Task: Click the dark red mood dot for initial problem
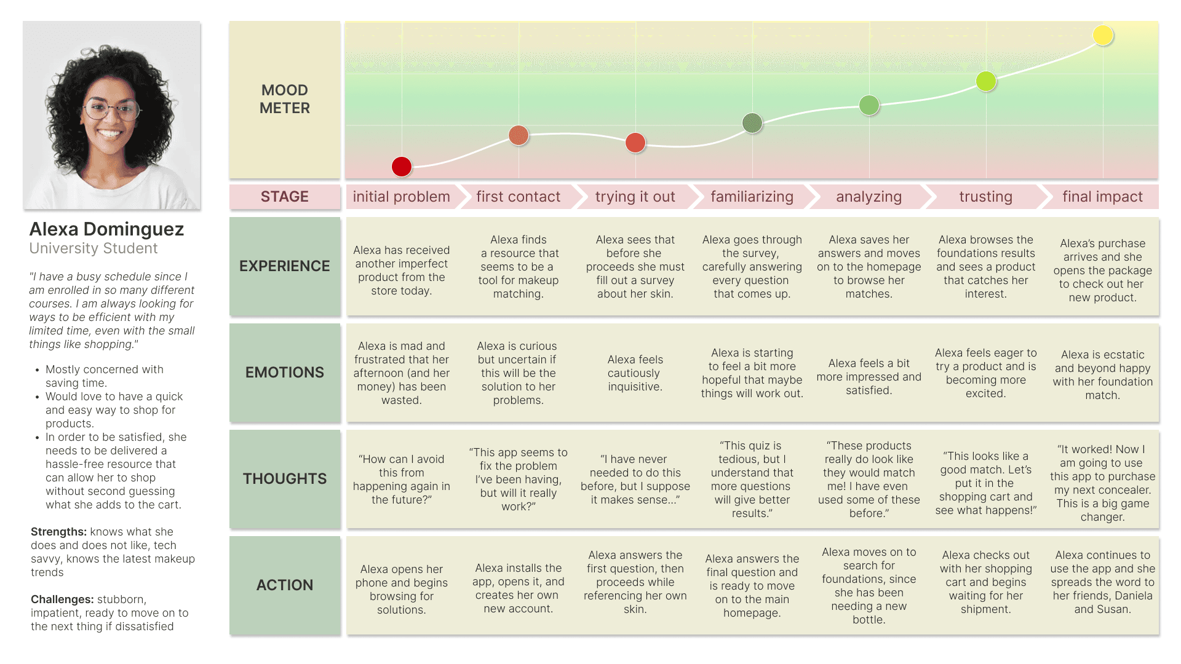(x=402, y=166)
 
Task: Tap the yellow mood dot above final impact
(x=1103, y=35)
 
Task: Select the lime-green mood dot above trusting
(x=986, y=81)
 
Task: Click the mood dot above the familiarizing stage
(x=752, y=123)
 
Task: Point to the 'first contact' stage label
(x=518, y=197)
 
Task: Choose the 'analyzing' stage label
(x=869, y=197)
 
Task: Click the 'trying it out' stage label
(x=635, y=197)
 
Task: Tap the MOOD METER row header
(x=285, y=99)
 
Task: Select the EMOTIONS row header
(x=285, y=372)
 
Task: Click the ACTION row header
(x=285, y=585)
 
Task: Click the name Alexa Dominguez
(x=106, y=229)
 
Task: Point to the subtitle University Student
(x=93, y=248)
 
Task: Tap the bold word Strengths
(x=58, y=532)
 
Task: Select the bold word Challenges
(x=62, y=599)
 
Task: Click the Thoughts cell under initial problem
(x=402, y=479)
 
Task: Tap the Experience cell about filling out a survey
(x=635, y=266)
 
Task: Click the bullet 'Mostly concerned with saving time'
(x=105, y=376)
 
